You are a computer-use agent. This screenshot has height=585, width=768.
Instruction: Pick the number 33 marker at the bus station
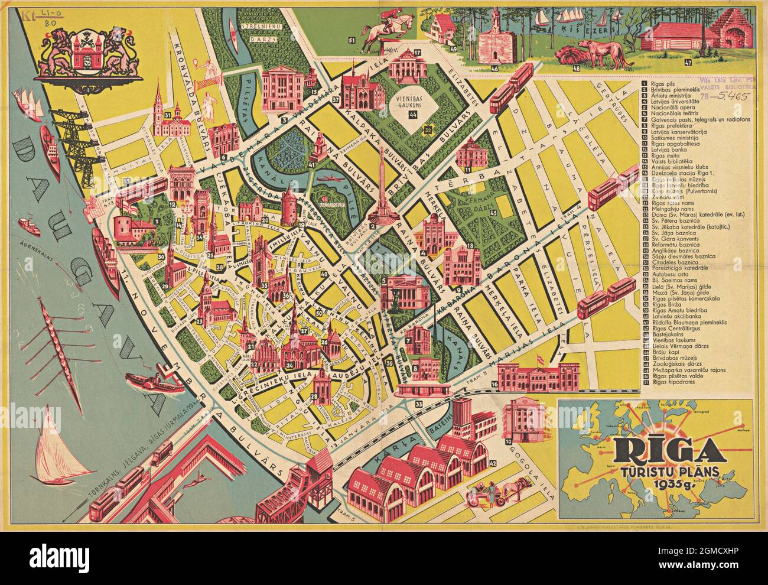pyautogui.click(x=418, y=404)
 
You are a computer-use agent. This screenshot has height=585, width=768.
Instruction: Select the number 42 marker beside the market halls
pyautogui.click(x=493, y=463)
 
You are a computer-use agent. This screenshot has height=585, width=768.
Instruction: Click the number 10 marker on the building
pyautogui.click(x=507, y=441)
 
